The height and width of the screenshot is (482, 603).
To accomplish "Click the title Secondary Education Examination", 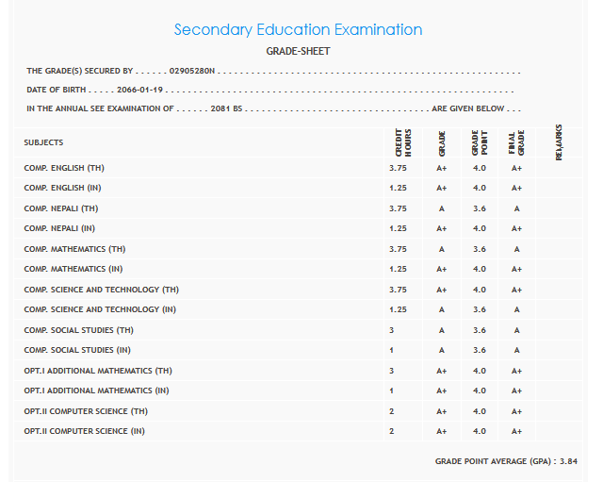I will pos(298,30).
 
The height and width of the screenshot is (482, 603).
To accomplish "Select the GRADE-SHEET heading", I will pos(299,51).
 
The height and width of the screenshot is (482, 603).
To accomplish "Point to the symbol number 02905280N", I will pos(192,71).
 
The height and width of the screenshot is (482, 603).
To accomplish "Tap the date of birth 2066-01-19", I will pos(140,90).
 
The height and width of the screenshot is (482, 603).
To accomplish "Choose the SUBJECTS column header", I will pos(43,142).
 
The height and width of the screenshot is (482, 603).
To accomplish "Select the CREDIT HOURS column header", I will pos(401,143).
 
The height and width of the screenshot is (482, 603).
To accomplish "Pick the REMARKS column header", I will pos(559,141).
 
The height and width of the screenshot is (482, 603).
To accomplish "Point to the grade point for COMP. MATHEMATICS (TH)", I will pos(479,249).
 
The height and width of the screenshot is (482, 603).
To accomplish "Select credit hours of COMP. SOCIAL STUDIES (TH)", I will pos(391,330).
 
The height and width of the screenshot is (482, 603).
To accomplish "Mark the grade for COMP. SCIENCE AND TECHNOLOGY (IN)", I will pos(441,309).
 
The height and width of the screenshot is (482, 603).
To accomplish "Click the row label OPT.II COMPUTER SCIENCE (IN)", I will pos(85,431).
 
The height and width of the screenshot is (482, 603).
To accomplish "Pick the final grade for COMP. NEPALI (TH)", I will pos(516,208).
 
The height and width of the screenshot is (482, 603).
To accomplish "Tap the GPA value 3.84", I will pos(566,461).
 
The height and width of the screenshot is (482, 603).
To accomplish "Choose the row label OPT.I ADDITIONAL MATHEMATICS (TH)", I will pos(98,371).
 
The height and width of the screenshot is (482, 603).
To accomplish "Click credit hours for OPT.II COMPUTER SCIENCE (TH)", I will pos(391,411).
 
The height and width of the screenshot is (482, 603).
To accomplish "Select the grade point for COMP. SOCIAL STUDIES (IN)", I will pos(479,350).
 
